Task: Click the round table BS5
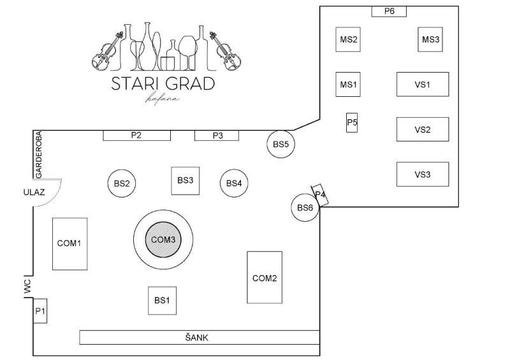[x=280, y=144]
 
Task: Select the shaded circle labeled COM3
[x=163, y=240]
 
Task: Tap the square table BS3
[x=186, y=181]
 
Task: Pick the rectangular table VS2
[x=423, y=129]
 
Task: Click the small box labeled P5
[x=352, y=122]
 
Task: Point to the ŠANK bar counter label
[x=197, y=338]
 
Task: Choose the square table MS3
[x=430, y=40]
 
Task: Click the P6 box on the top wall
[x=389, y=11]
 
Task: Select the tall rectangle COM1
[x=70, y=244]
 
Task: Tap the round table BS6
[x=305, y=208]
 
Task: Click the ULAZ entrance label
[x=34, y=192]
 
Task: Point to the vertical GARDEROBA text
[x=39, y=155]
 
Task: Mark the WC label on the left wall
[x=27, y=287]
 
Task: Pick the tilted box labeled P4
[x=320, y=195]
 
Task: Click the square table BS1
[x=163, y=301]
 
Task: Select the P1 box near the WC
[x=40, y=311]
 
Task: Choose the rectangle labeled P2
[x=136, y=135]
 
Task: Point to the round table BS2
[x=122, y=184]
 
